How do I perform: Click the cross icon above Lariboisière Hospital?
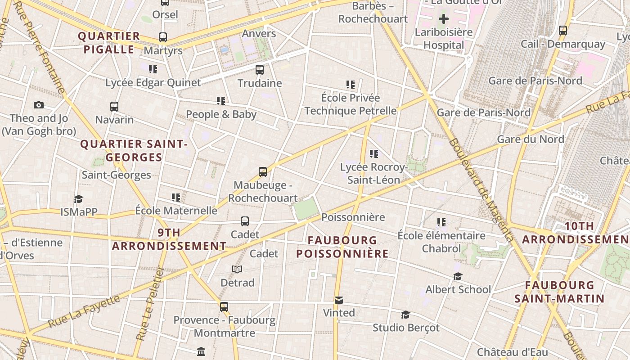(444, 19)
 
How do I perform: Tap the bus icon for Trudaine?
(260, 70)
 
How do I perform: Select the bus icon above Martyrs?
(163, 37)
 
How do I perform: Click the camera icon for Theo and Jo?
(39, 105)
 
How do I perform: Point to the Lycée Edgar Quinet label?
(153, 83)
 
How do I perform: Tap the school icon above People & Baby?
(220, 101)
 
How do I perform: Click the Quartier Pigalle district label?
(109, 43)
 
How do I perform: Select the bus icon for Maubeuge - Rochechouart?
(263, 172)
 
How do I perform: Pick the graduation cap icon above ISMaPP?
(79, 199)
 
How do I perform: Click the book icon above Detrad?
(237, 270)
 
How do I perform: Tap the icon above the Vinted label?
(339, 300)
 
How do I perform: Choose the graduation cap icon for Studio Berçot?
(405, 315)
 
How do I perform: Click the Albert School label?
(458, 289)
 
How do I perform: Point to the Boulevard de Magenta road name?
(481, 189)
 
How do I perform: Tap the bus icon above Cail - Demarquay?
(563, 31)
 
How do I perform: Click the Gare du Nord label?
(530, 139)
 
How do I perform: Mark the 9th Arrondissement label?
(169, 239)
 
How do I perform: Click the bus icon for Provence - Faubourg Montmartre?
(224, 307)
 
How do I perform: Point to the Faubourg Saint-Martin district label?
(559, 292)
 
